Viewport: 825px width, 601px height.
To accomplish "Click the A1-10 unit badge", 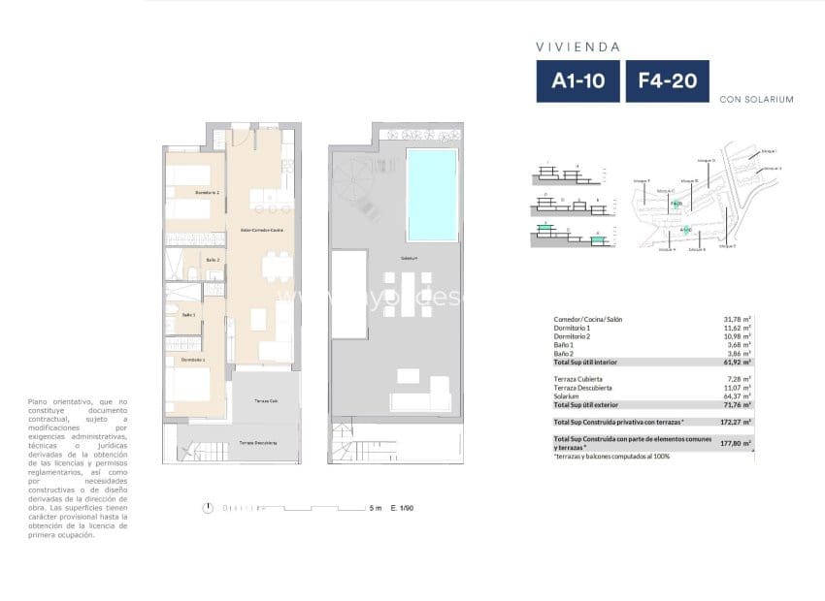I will [x=577, y=81].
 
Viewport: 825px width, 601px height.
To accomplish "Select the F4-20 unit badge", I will [x=667, y=81].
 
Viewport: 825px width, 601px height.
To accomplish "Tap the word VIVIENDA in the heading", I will [x=577, y=46].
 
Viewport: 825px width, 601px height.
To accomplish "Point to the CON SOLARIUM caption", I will [x=757, y=99].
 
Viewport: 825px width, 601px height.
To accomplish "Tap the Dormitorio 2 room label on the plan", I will [x=207, y=193].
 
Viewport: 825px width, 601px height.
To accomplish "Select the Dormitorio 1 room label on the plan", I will [x=192, y=360].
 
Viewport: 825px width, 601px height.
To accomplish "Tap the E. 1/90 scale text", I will [x=402, y=508].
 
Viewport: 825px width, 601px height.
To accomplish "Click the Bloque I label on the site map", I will [x=770, y=151].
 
